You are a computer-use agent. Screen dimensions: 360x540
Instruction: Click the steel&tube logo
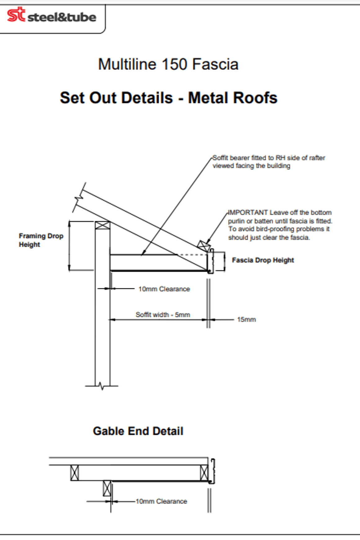(x=52, y=15)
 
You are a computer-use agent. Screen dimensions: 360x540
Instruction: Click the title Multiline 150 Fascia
(x=168, y=65)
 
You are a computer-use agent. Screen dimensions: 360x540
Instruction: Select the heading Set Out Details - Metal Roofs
(x=169, y=98)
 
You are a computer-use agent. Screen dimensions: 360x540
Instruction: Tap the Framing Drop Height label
(x=41, y=240)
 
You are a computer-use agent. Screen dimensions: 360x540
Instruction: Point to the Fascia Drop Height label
(x=263, y=260)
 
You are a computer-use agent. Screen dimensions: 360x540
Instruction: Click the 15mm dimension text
(x=246, y=319)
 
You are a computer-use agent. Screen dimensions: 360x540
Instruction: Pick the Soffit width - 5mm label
(x=163, y=315)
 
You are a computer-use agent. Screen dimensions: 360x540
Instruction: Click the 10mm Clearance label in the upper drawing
(x=164, y=289)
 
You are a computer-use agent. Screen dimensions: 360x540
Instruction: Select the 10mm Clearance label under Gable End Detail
(x=161, y=501)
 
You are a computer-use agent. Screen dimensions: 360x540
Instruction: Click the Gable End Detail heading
(x=138, y=431)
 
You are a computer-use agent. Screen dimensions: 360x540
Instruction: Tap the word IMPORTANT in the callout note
(x=248, y=213)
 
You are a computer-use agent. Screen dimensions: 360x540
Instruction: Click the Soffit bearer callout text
(x=269, y=162)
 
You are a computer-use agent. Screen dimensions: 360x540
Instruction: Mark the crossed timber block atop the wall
(x=102, y=225)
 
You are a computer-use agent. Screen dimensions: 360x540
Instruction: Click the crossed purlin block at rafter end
(x=204, y=246)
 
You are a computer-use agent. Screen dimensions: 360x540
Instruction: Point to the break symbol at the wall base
(x=102, y=386)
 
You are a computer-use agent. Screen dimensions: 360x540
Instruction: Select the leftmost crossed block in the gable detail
(x=74, y=473)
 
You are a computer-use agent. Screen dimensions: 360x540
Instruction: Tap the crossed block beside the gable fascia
(x=204, y=473)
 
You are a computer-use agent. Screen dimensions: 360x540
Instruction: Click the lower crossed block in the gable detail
(x=107, y=488)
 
